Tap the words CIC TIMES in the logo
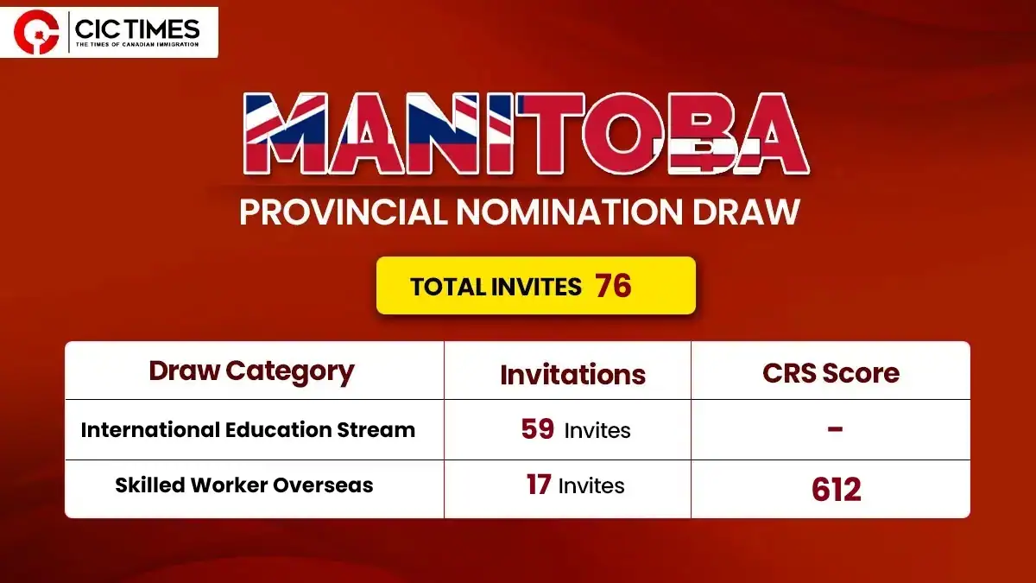[137, 29]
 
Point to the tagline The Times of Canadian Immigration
[137, 44]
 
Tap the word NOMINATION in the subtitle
[570, 212]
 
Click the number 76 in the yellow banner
[613, 286]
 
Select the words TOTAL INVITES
[496, 287]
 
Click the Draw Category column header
[251, 371]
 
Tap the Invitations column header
[572, 374]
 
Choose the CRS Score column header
[831, 373]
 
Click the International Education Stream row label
[248, 430]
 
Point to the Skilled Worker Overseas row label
[243, 485]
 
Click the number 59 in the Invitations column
[537, 429]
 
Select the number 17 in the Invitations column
[539, 485]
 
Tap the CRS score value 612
[837, 490]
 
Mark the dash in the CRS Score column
[835, 429]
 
